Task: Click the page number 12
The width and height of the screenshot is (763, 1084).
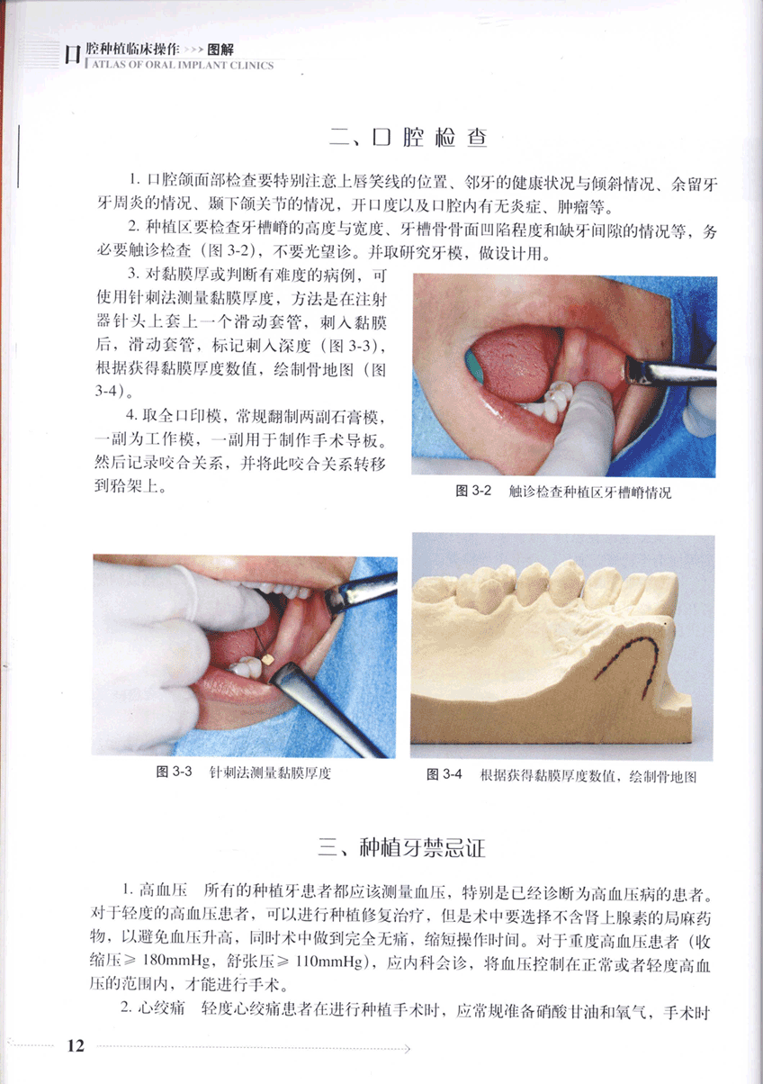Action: pyautogui.click(x=76, y=1046)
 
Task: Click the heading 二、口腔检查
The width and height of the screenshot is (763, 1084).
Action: pyautogui.click(x=408, y=138)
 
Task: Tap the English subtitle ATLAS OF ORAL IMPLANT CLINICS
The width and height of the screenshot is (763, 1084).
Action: pyautogui.click(x=183, y=65)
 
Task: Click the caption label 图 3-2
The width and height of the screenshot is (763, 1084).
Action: pyautogui.click(x=473, y=491)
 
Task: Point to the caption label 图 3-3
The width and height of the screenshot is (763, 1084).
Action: pyautogui.click(x=174, y=772)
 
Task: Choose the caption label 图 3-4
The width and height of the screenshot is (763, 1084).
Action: pyautogui.click(x=444, y=774)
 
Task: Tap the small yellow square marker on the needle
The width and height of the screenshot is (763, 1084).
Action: pyautogui.click(x=268, y=659)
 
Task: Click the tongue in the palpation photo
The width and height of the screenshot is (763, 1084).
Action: pyautogui.click(x=514, y=362)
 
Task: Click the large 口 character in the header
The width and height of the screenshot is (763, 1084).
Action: pyautogui.click(x=73, y=55)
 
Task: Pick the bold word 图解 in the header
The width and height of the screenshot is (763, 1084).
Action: pyautogui.click(x=220, y=50)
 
